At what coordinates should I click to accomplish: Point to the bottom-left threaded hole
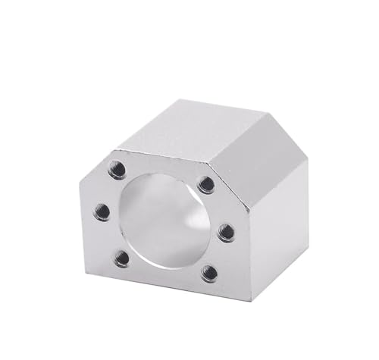pyautogui.click(x=121, y=258)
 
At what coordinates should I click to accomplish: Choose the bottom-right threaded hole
pyautogui.click(x=209, y=273)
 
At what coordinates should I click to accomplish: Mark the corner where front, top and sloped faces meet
pyautogui.click(x=205, y=160)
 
